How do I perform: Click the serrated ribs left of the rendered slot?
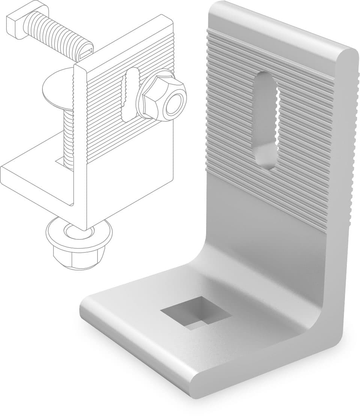click(x=229, y=113)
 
